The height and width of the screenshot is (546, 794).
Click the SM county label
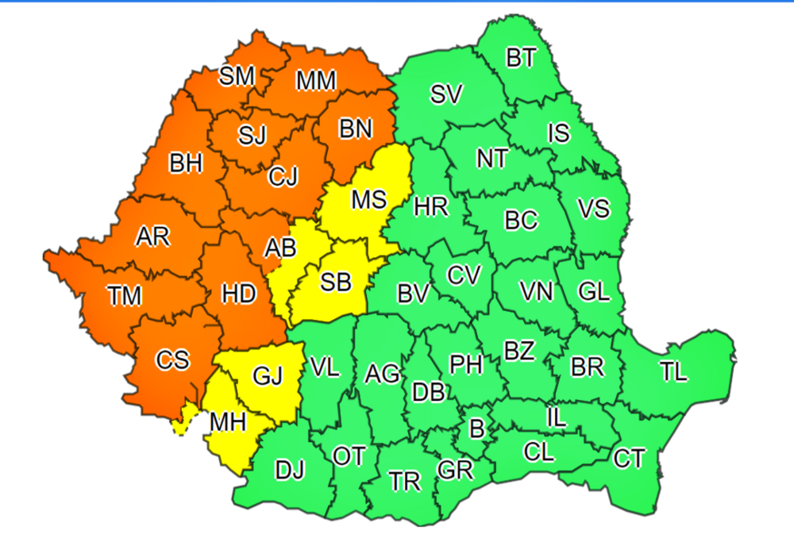pyautogui.click(x=237, y=76)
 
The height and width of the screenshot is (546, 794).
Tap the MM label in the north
pyautogui.click(x=316, y=81)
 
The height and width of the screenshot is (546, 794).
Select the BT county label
pyautogui.click(x=521, y=58)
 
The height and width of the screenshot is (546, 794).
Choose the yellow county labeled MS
pyautogui.click(x=368, y=199)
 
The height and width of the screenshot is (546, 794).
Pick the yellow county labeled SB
pyautogui.click(x=336, y=282)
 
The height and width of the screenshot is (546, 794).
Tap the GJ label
pyautogui.click(x=268, y=375)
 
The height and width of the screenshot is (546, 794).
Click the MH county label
pyautogui.click(x=227, y=422)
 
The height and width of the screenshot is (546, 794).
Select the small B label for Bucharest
pyautogui.click(x=476, y=429)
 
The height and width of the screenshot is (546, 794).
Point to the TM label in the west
pyautogui.click(x=125, y=297)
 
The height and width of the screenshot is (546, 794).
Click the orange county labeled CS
pyautogui.click(x=172, y=360)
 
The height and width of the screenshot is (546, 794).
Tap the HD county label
pyautogui.click(x=239, y=294)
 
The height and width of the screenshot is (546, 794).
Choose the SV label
pyautogui.click(x=446, y=94)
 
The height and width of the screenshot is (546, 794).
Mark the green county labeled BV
pyautogui.click(x=413, y=294)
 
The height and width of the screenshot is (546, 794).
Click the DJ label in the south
pyautogui.click(x=290, y=471)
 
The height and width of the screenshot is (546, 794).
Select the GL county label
pyautogui.click(x=594, y=291)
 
